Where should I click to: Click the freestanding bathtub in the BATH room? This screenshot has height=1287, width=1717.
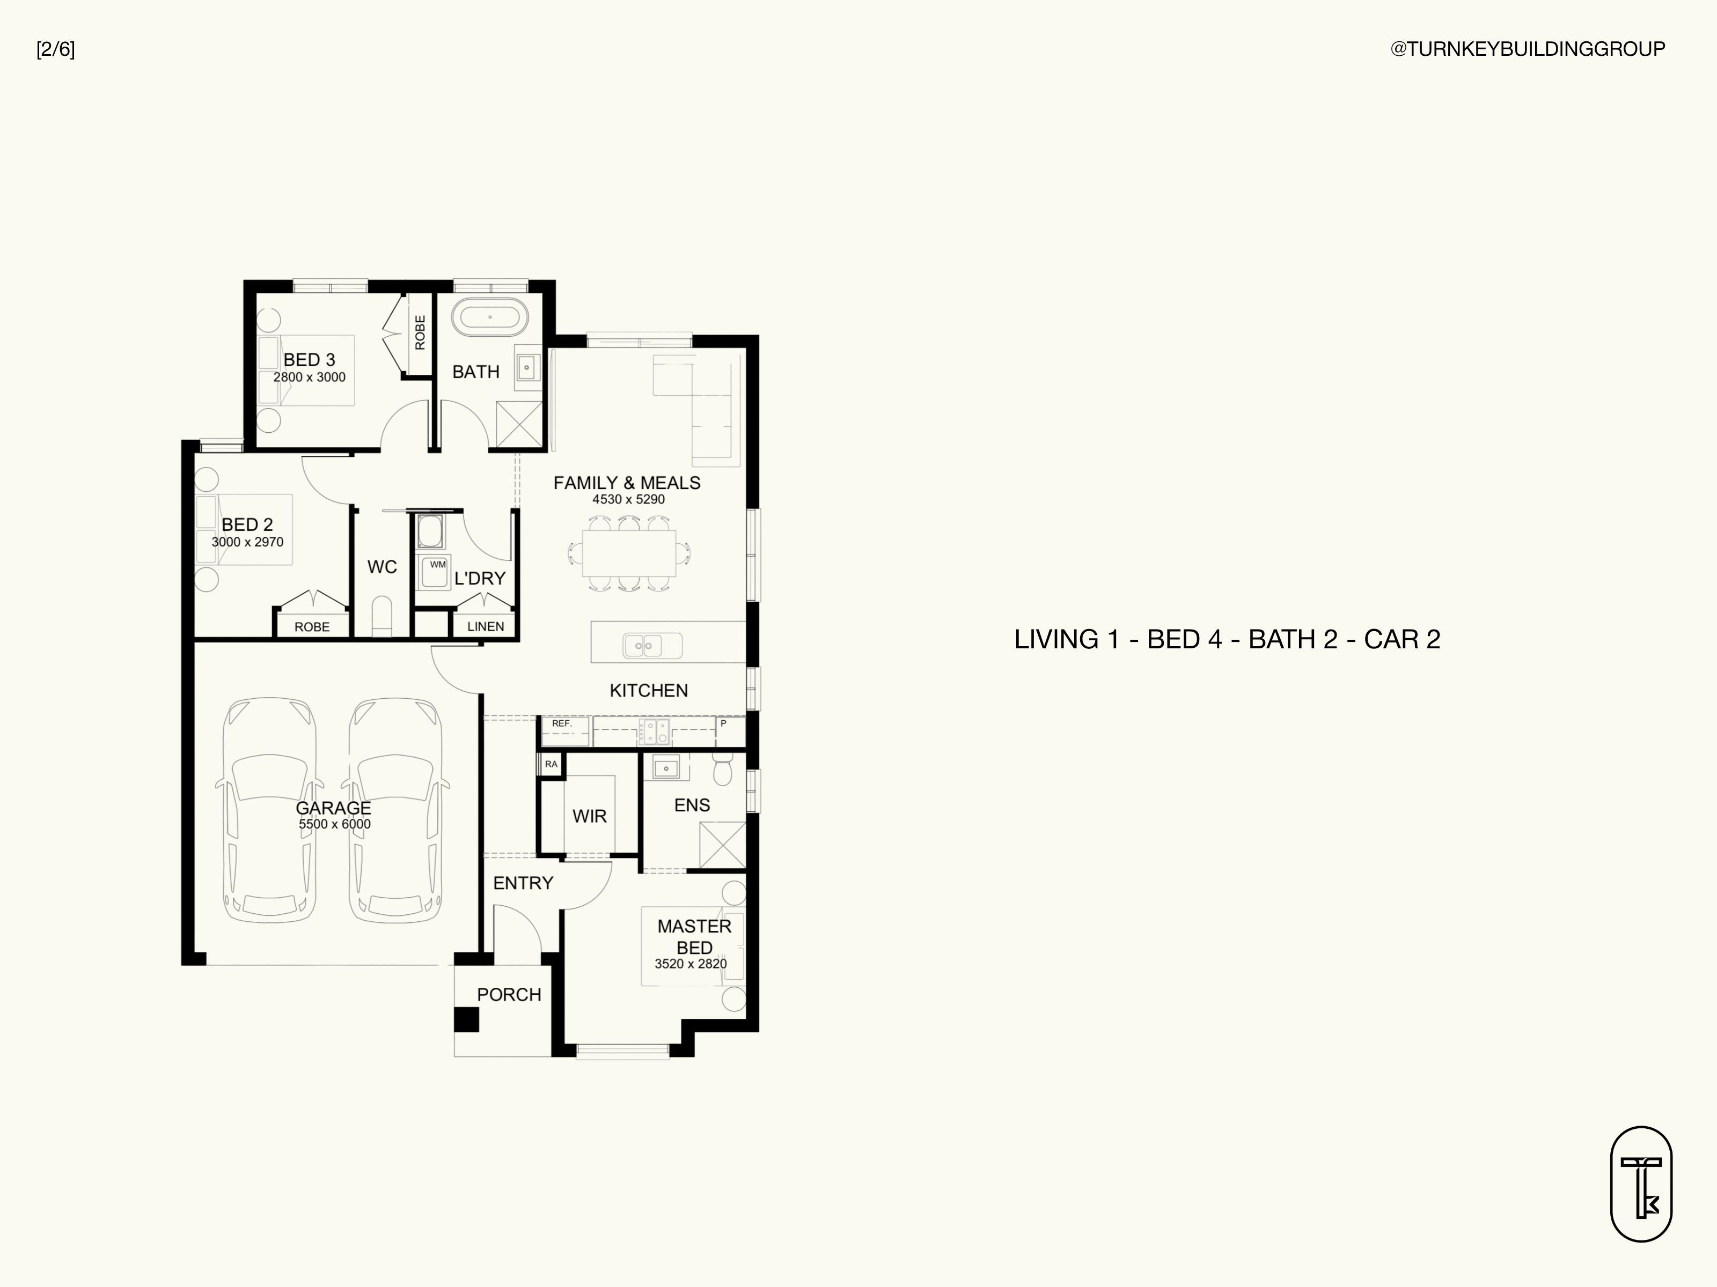coord(490,317)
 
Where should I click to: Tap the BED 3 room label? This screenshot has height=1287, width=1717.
coord(309,360)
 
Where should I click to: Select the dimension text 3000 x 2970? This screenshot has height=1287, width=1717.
coord(247,542)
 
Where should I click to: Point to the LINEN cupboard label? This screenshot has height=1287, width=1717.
coord(486,626)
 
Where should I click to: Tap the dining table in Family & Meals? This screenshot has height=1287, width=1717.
coord(629,553)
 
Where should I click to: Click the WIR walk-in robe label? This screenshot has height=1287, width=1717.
coord(590,816)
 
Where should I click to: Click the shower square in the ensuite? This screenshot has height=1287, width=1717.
coord(722,845)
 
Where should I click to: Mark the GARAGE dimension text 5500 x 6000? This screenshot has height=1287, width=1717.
coord(335,825)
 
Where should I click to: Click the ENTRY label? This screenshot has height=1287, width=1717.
coord(523,883)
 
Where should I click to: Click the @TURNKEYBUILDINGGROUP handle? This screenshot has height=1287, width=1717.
coord(1528,49)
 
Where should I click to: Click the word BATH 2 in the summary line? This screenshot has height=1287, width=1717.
coord(1293,639)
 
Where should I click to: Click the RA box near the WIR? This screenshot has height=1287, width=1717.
coord(551,764)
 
